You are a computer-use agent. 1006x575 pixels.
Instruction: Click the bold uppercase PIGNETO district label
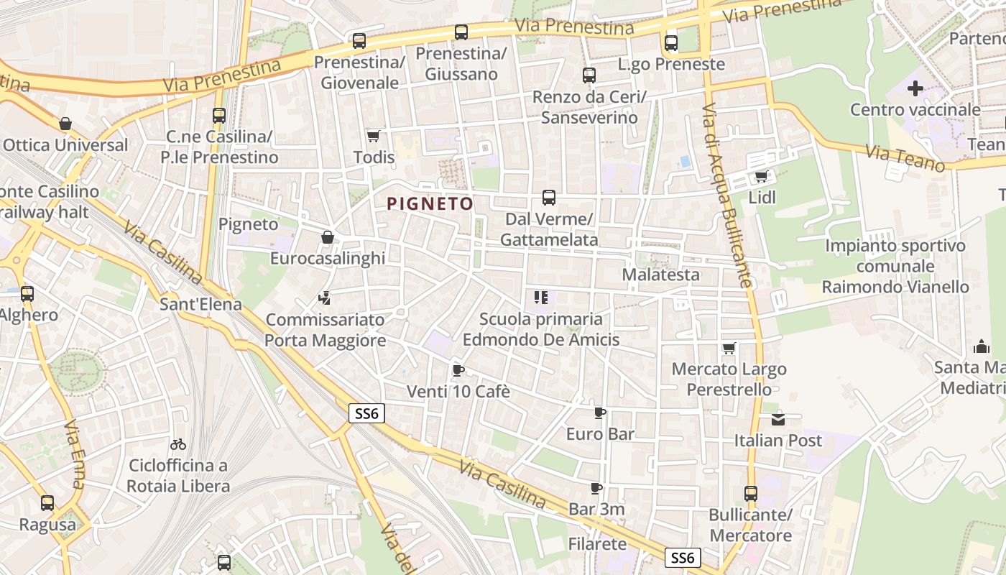pyautogui.click(x=430, y=204)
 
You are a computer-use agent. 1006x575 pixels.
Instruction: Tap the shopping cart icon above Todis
pyautogui.click(x=373, y=136)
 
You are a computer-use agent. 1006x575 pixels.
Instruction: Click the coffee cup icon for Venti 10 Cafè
pyautogui.click(x=458, y=371)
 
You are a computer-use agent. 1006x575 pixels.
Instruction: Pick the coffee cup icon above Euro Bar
pyautogui.click(x=600, y=413)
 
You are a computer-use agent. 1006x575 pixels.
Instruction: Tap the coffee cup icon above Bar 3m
pyautogui.click(x=596, y=488)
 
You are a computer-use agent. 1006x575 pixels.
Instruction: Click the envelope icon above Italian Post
pyautogui.click(x=778, y=419)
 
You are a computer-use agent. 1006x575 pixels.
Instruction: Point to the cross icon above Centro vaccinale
pyautogui.click(x=915, y=88)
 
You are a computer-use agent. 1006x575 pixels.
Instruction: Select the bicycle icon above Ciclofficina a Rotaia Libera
pyautogui.click(x=178, y=444)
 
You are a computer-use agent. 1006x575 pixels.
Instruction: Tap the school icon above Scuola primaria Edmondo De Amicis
pyautogui.click(x=541, y=297)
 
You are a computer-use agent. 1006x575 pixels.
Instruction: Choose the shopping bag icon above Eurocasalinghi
pyautogui.click(x=328, y=237)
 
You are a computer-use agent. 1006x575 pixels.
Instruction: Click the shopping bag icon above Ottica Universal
pyautogui.click(x=65, y=124)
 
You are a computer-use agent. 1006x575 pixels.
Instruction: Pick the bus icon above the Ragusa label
pyautogui.click(x=47, y=503)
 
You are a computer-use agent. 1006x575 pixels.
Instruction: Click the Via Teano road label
pyautogui.click(x=905, y=157)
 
